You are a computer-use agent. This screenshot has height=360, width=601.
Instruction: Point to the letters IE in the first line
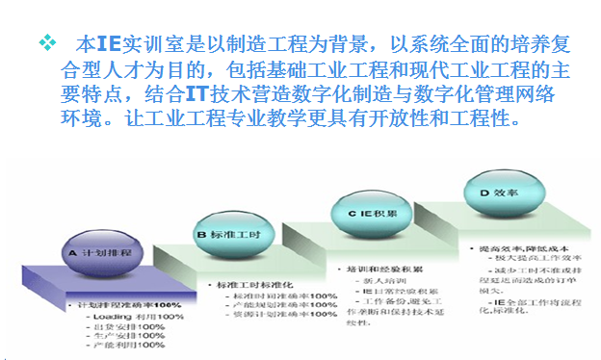click(x=109, y=44)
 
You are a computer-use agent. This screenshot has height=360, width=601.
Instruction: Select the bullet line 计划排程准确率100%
click(x=121, y=304)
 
